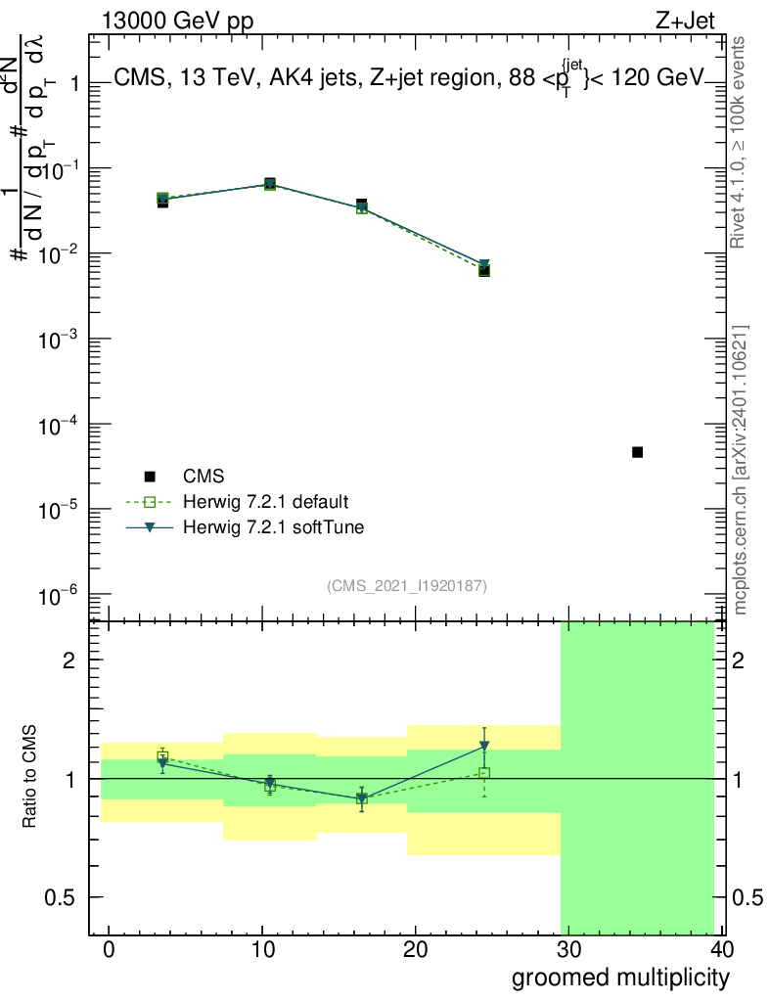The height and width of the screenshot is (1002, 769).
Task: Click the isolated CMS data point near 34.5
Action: point(637,452)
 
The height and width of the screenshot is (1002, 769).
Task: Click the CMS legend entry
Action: point(204,477)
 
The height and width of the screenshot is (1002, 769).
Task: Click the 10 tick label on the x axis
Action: point(262,949)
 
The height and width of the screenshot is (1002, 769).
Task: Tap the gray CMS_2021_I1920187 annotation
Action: point(406,585)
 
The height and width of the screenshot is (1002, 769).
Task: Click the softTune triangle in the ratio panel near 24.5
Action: point(484,747)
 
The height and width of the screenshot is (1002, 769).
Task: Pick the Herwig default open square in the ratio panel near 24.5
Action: point(484,773)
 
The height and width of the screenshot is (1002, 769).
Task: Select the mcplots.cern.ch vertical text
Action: point(741,470)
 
